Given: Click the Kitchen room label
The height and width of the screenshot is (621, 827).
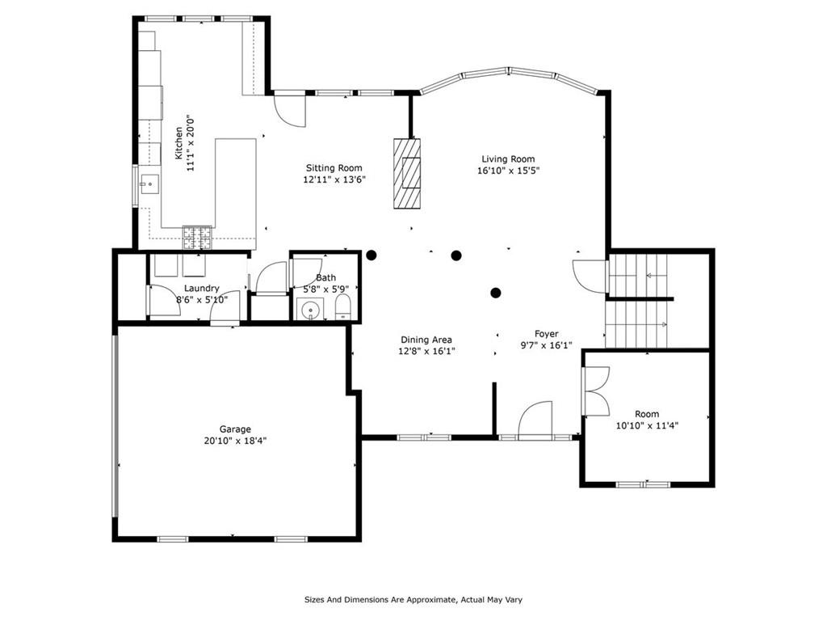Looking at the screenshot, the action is tap(178, 143).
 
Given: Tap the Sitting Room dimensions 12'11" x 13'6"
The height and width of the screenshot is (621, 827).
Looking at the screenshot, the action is tap(334, 180).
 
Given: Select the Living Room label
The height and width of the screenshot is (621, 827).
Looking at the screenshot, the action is tap(508, 159).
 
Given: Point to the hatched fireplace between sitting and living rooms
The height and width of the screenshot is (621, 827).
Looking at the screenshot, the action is tap(407, 173).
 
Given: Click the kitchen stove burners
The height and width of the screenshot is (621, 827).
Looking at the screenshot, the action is tap(197, 238).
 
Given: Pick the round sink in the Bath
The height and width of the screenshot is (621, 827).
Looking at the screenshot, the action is tap(310, 310).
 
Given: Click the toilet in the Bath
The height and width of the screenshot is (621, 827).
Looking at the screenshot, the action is tap(342, 307).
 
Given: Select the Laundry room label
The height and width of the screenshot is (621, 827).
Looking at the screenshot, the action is tap(201, 289).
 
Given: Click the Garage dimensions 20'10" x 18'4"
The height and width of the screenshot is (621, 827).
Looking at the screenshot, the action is tap(235, 441).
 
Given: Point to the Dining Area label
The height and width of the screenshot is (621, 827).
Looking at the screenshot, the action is tap(426, 340).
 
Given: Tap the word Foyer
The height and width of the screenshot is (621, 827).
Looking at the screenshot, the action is tap(547, 334).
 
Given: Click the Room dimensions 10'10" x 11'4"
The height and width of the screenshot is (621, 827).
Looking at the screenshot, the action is tap(647, 425).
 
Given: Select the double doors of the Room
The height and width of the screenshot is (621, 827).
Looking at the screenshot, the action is tap(595, 391).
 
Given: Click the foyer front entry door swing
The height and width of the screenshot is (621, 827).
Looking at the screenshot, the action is tap(535, 420).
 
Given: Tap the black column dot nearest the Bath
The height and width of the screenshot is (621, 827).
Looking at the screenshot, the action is tap(372, 256).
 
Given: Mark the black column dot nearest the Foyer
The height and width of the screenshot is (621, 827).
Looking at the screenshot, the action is tap(495, 293).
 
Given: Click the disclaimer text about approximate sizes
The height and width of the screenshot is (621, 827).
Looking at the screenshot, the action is tap(413, 599).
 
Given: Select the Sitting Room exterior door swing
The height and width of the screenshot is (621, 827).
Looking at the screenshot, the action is tap(290, 110).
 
